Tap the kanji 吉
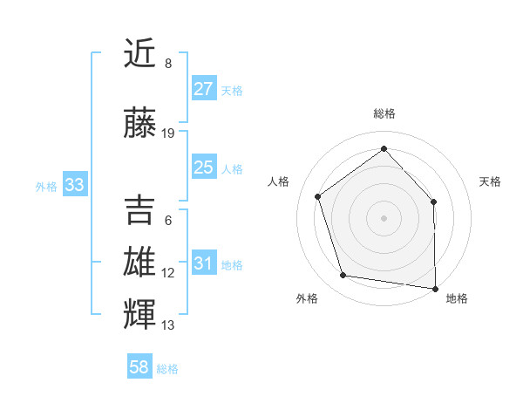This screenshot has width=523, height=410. coord(141,209)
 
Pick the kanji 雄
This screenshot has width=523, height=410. coord(141,262)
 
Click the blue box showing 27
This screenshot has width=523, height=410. coord(203,89)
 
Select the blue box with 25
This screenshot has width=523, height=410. coord(203,167)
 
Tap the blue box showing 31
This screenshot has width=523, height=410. coord(203,263)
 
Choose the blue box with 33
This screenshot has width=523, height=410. coord(74,185)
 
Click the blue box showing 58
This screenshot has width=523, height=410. coord(139,367)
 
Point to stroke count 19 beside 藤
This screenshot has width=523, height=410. coord(168,133)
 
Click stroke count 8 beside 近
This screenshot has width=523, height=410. coord(168,64)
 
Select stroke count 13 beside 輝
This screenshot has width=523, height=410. coord(168,325)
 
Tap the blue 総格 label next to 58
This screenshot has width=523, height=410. coord(167,369)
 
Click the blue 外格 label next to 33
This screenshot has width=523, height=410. coord(46,186)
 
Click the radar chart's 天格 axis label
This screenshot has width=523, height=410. coord(490,181)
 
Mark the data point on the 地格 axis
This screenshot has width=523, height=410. coord(435,288)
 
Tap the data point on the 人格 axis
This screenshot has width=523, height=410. coord(318,196)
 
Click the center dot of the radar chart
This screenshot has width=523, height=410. coord(384,217)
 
